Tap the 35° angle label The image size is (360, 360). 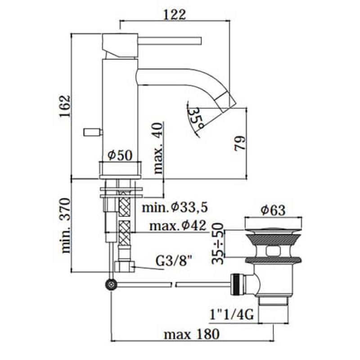tap(196, 116)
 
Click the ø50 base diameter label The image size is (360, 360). tap(119, 155)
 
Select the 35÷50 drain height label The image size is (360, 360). tap(218, 243)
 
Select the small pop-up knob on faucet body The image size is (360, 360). tap(93, 132)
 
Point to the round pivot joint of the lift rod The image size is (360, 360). tap(111, 284)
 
